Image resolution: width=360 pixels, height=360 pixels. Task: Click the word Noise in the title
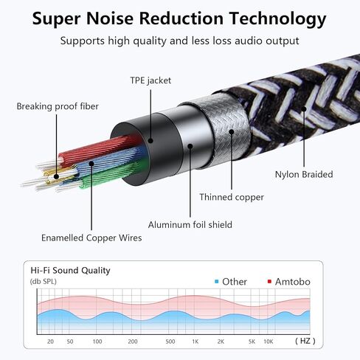[x=109, y=18]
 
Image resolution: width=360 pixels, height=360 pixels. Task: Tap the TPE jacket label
[x=150, y=80]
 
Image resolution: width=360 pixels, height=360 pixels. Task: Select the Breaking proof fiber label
[x=58, y=106]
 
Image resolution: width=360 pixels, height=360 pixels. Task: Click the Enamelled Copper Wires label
[x=91, y=238]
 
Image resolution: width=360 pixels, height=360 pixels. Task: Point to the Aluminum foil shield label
[x=190, y=224]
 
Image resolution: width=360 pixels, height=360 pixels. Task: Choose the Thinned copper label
[x=232, y=197]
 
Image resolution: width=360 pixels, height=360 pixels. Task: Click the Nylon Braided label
[x=304, y=174]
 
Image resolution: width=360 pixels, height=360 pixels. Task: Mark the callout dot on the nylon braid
[x=304, y=109]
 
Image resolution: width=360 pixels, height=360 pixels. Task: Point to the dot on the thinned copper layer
[x=232, y=132]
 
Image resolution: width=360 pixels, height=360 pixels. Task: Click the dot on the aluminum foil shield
[x=190, y=146]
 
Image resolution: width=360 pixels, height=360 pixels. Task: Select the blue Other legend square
[x=216, y=281]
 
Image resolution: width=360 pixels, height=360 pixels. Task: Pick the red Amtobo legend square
[x=269, y=281]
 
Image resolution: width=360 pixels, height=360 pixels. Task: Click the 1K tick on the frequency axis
[x=195, y=342]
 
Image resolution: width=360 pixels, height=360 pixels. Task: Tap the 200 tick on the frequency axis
[x=133, y=342]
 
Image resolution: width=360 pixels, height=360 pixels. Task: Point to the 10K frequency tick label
[x=269, y=342]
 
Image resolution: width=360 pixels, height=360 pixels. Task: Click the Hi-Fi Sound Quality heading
[x=70, y=271]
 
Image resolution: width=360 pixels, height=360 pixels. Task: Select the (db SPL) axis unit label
[x=44, y=281]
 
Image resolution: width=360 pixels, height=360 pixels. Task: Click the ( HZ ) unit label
[x=305, y=341]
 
